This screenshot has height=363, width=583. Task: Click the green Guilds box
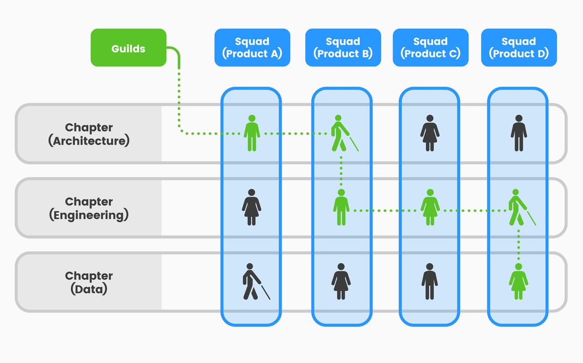pos(128,48)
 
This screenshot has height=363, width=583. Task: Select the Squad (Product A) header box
pos(252,48)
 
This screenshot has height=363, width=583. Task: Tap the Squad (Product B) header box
pos(343,48)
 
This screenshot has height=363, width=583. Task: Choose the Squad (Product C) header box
pos(430,48)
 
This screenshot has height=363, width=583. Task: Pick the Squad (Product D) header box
pos(519,48)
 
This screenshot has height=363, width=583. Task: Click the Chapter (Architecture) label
pos(89,134)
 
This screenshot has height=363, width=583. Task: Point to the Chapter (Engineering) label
pos(89,208)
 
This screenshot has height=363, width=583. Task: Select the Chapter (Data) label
pos(89,282)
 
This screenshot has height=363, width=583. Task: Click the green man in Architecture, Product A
pos(252,133)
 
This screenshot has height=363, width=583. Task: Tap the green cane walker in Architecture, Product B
pos(341,133)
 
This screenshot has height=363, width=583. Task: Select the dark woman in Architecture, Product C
pos(430,133)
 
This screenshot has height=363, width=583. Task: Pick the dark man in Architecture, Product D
pos(519,133)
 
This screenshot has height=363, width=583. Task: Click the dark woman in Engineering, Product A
pos(251,207)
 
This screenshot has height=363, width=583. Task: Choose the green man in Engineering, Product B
pos(341,207)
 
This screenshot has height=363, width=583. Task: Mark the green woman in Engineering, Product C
pos(430,207)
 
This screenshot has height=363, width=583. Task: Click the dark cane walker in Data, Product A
pos(252,281)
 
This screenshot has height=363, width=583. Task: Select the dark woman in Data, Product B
pos(341,281)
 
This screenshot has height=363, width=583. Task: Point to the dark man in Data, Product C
pos(430,281)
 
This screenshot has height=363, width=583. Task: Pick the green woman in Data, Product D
pos(519,281)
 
